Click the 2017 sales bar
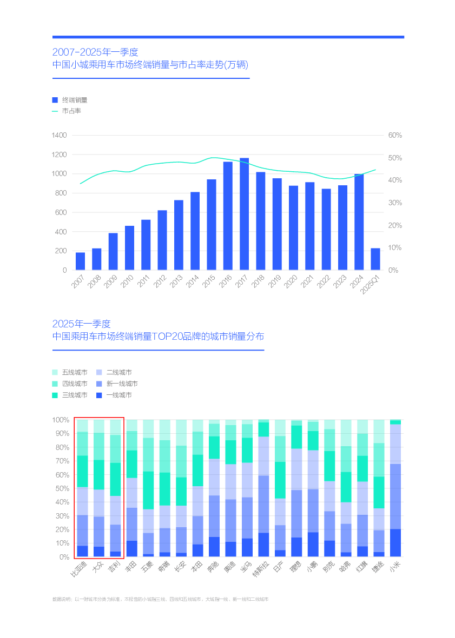click(x=244, y=214)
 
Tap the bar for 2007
click(x=80, y=261)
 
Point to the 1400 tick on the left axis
click(x=59, y=135)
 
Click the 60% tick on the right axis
click(x=395, y=135)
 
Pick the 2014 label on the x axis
click(x=192, y=281)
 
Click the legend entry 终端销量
click(x=74, y=100)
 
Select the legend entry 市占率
click(x=71, y=111)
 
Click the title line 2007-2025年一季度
click(x=95, y=52)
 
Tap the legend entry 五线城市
click(x=74, y=372)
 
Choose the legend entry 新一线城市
click(x=122, y=384)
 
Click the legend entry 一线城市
click(x=118, y=395)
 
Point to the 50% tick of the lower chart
click(x=61, y=488)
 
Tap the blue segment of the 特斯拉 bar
click(x=263, y=497)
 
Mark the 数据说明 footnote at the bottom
click(x=160, y=599)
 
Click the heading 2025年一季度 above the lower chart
click(x=81, y=324)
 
